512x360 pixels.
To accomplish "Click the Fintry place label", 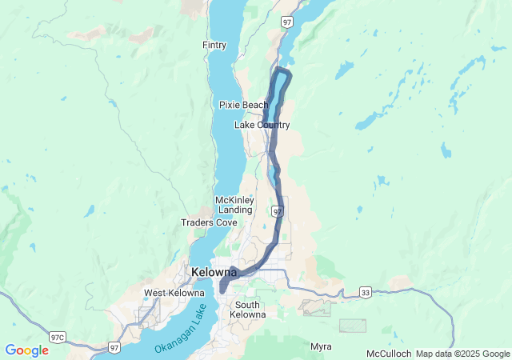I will pyautogui.click(x=214, y=45).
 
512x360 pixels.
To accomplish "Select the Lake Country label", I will pyautogui.click(x=262, y=125).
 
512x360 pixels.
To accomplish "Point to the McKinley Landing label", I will pyautogui.click(x=234, y=205).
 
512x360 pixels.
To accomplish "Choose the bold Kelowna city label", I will pyautogui.click(x=214, y=273).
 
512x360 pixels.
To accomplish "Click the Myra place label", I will pyautogui.click(x=321, y=346).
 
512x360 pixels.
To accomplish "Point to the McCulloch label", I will pyautogui.click(x=389, y=354).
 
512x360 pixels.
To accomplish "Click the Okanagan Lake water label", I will pyautogui.click(x=189, y=328).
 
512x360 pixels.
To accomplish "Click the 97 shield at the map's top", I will pyautogui.click(x=286, y=22).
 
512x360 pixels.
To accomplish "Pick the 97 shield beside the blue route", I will pyautogui.click(x=277, y=211).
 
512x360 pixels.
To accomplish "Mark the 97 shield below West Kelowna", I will pyautogui.click(x=116, y=346).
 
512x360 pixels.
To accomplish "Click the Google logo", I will pyautogui.click(x=26, y=350).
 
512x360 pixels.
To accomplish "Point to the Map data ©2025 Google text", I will pyautogui.click(x=462, y=354).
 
